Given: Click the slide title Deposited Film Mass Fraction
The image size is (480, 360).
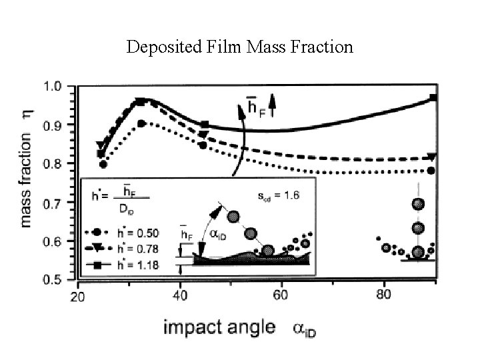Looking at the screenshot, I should pyautogui.click(x=239, y=47).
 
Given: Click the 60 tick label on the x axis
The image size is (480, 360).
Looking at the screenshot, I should pyautogui.click(x=281, y=295).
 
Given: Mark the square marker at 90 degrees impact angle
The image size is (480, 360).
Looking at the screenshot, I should pyautogui.click(x=433, y=98).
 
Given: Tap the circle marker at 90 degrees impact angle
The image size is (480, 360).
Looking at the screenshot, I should pyautogui.click(x=431, y=171).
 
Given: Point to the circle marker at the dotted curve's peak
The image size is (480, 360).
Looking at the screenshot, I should pyautogui.click(x=141, y=123).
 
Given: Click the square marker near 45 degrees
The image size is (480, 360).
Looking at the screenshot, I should pyautogui.click(x=205, y=124).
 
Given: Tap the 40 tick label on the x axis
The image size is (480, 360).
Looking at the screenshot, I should pyautogui.click(x=179, y=295).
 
